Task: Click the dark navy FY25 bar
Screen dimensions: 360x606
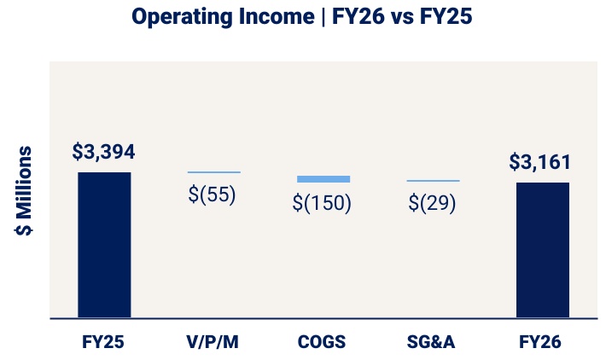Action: click(x=104, y=245)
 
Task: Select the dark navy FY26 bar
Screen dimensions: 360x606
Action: click(x=543, y=250)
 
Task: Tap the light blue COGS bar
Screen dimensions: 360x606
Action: click(x=323, y=179)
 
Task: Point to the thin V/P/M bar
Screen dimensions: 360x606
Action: click(x=214, y=172)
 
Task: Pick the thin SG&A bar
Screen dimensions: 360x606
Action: click(x=433, y=181)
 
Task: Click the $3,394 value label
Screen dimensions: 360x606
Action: click(x=104, y=153)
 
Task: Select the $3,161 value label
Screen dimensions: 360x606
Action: click(x=540, y=162)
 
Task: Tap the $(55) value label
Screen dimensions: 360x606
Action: click(x=213, y=195)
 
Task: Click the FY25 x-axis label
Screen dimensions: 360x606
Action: click(x=104, y=342)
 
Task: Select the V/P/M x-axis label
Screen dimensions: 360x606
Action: click(x=213, y=342)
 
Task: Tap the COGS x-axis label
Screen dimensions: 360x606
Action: click(x=323, y=342)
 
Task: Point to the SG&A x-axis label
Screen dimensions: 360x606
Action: click(x=432, y=342)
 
